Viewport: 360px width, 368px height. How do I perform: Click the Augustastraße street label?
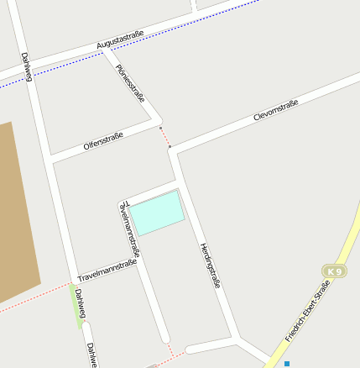point(120,39)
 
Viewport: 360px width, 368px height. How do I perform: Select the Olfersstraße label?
point(103,139)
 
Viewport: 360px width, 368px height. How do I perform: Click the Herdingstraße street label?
point(210,265)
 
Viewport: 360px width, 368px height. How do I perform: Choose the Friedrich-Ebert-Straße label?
point(308,310)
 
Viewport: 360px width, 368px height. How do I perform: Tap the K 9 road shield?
point(335,271)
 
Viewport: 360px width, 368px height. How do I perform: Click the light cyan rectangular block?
point(158,213)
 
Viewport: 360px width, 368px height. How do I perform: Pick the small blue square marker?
point(287,363)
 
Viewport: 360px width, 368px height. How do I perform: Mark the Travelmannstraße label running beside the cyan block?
point(131,228)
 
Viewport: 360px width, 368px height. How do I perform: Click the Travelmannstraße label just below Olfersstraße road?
point(107,271)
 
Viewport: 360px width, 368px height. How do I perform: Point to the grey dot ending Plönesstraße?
point(160,129)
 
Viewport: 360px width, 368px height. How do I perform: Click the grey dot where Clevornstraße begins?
point(170,148)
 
